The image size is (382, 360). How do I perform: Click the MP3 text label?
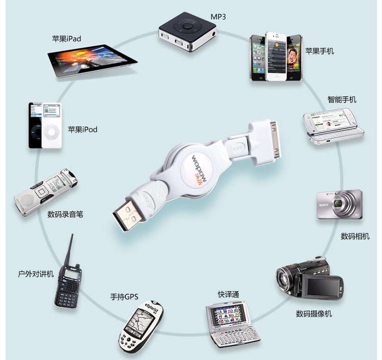coord(219,17)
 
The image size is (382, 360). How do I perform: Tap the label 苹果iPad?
coord(66,38)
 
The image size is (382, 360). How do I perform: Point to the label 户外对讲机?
coord(36,274)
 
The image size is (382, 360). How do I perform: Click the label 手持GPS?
coord(124,296)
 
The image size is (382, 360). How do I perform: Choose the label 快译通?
coord(229,294)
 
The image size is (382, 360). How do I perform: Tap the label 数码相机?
coord(355,236)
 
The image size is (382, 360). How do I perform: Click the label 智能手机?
coord(342,99)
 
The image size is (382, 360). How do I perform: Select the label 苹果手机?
coord(319,51)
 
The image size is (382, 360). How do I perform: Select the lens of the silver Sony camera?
coord(340,205)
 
